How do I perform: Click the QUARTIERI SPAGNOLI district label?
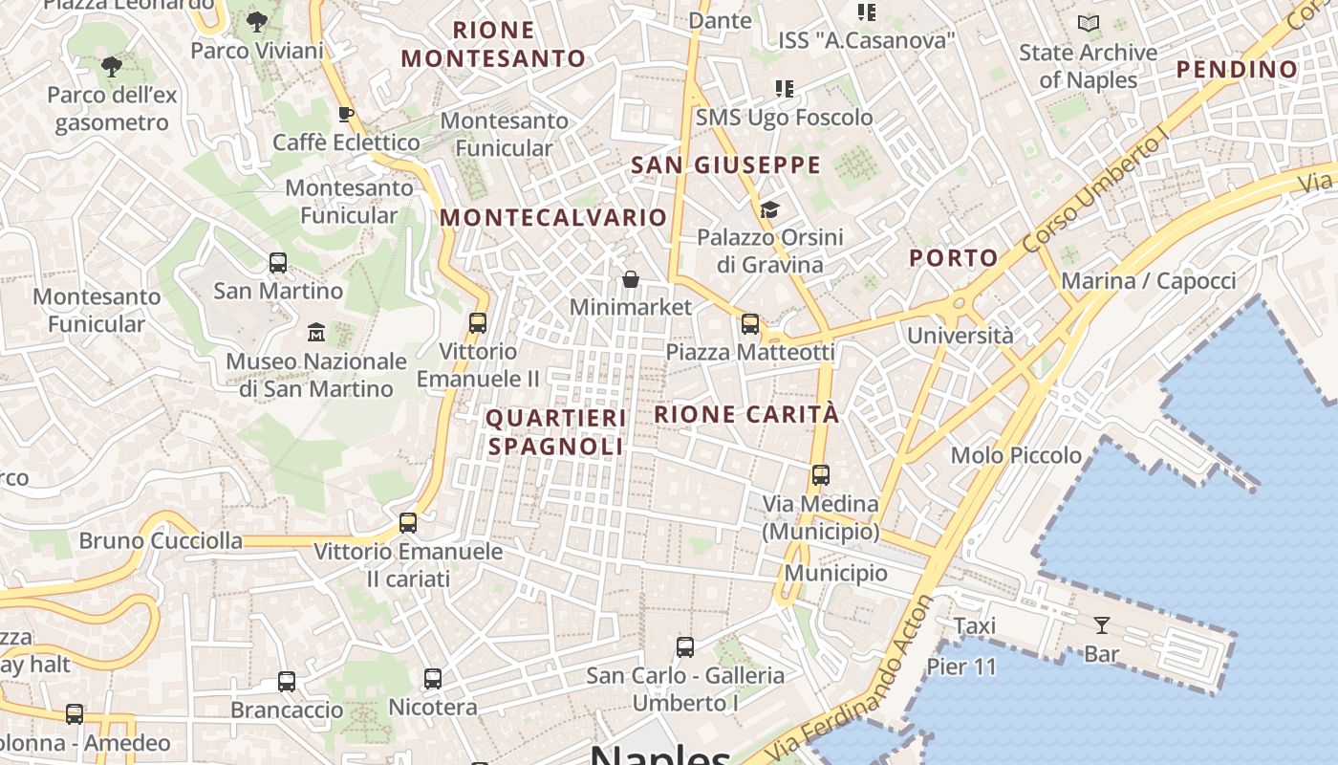[555, 432]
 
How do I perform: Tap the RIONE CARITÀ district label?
[746, 414]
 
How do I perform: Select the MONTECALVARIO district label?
[553, 217]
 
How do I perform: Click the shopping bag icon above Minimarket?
[631, 279]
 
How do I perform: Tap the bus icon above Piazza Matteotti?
[750, 324]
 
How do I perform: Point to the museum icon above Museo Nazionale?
[316, 333]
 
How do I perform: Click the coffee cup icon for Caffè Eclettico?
[346, 115]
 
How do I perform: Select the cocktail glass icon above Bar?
[1102, 625]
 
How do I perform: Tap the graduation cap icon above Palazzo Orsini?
[769, 209]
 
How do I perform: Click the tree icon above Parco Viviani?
[256, 21]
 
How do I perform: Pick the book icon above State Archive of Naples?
[1088, 24]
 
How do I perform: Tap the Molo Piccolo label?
[1016, 455]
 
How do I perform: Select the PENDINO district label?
[1237, 69]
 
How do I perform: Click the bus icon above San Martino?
[278, 262]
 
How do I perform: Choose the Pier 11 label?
[961, 667]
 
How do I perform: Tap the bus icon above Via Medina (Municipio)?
[820, 475]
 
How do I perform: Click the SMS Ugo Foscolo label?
[784, 118]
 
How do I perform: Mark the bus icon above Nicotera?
[433, 679]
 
